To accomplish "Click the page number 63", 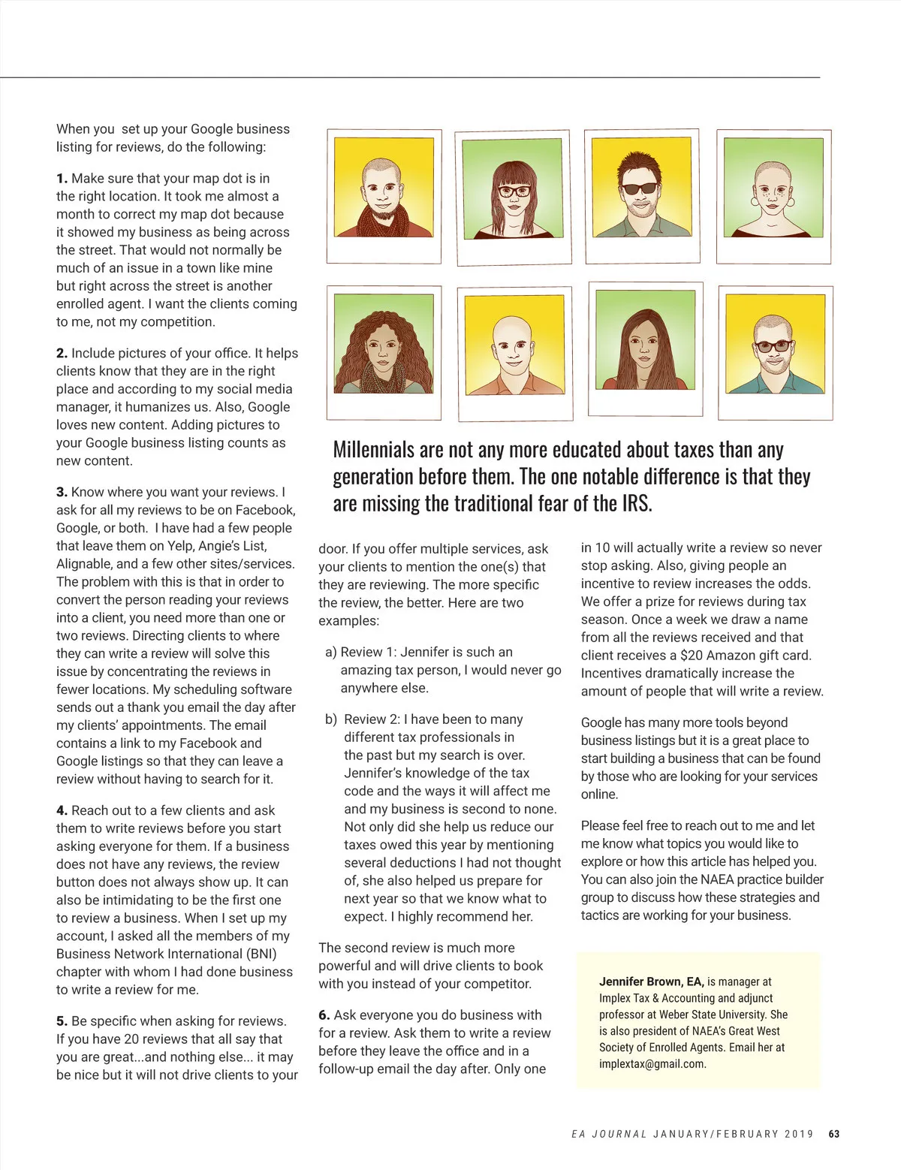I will [x=833, y=1134].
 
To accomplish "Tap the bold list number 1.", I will [x=62, y=179].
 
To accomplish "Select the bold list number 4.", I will [x=62, y=811].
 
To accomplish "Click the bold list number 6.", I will [x=324, y=1015].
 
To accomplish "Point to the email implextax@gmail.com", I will [x=652, y=1064].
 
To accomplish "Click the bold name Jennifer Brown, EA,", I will [x=651, y=982].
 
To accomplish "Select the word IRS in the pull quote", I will [x=636, y=503].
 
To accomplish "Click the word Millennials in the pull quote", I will [x=373, y=450].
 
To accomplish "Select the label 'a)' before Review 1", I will [x=330, y=652].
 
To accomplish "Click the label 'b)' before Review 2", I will [x=330, y=719].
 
